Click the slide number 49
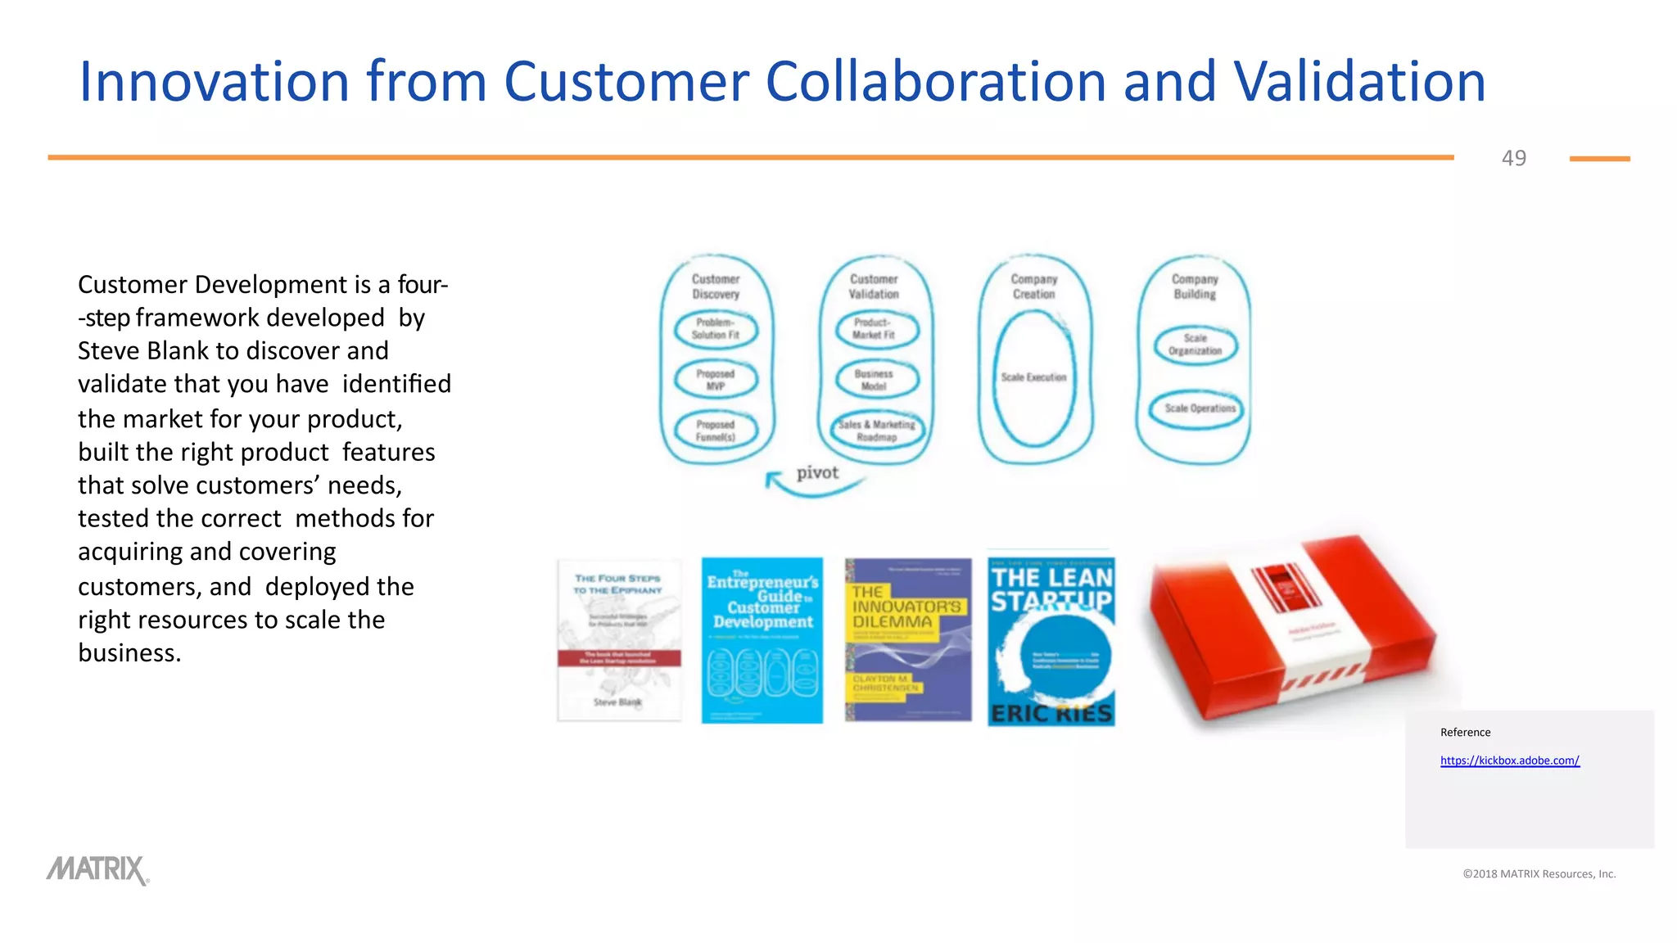(1513, 158)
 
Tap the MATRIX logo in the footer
(97, 870)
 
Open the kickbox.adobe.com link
(1509, 760)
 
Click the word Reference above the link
(1465, 733)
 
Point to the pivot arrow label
(817, 473)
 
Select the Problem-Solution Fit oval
(716, 329)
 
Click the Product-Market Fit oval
(875, 329)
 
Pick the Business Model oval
(875, 380)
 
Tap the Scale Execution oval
(1033, 378)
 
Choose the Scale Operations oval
(1196, 408)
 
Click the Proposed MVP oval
(716, 380)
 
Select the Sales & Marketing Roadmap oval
(877, 431)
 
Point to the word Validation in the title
(1359, 82)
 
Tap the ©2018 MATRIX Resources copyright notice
(1539, 874)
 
